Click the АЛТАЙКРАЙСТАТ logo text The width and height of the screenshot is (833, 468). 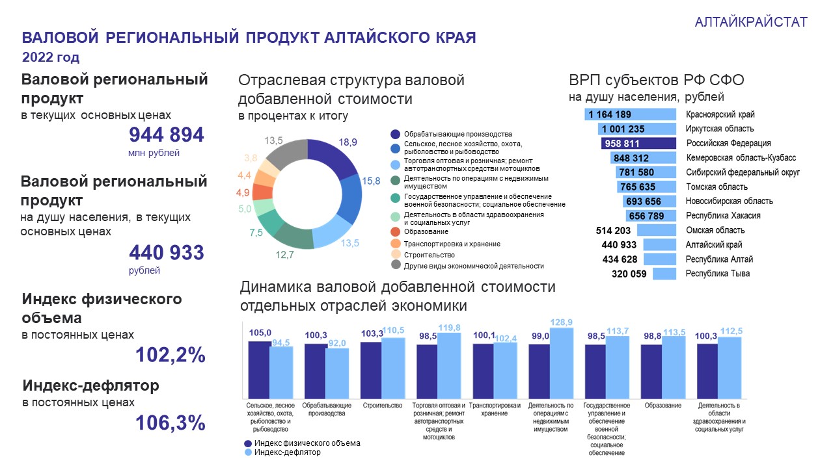(751, 22)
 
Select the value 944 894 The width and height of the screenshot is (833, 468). (167, 135)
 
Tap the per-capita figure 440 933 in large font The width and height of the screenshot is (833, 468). (167, 252)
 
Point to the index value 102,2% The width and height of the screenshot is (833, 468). (171, 355)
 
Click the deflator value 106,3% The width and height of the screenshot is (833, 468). (171, 423)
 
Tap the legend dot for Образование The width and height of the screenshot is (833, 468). (395, 231)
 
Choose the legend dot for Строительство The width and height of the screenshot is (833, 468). (395, 255)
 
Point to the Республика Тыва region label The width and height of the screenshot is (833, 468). (718, 274)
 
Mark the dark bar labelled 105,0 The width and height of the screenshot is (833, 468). (260, 369)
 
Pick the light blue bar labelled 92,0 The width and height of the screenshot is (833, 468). (337, 373)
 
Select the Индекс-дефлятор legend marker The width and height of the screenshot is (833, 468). (248, 452)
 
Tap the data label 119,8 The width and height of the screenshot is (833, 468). (449, 328)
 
